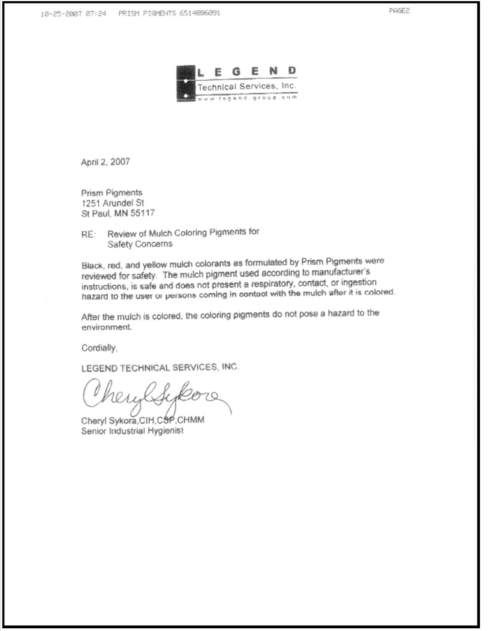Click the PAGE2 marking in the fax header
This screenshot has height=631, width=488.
tap(399, 11)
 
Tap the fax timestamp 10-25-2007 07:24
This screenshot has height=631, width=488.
tap(73, 14)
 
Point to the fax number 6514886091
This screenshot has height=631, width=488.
tap(199, 13)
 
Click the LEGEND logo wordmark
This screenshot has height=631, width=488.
tap(246, 72)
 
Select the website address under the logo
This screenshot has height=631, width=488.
tap(247, 98)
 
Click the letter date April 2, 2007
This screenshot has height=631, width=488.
tap(105, 162)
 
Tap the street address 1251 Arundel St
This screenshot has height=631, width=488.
tap(113, 203)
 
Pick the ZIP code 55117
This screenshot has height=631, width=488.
tap(142, 213)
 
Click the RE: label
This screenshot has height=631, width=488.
tap(88, 234)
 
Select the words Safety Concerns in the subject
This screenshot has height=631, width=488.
tap(140, 244)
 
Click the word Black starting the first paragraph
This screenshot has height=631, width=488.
tap(92, 265)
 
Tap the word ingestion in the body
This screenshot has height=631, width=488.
tap(359, 282)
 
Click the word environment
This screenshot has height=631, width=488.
tap(106, 327)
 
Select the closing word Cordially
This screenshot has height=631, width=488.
tap(99, 348)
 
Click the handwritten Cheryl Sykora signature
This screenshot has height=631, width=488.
tap(153, 396)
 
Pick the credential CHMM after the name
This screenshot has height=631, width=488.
tap(191, 420)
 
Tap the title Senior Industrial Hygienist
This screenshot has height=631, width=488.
tap(132, 431)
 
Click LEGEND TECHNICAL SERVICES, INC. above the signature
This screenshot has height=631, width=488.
tap(160, 368)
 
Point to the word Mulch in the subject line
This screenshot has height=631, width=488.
tap(160, 233)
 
